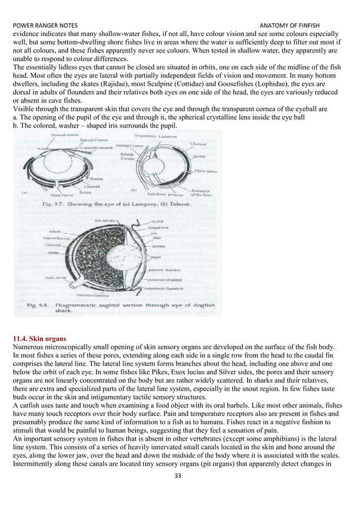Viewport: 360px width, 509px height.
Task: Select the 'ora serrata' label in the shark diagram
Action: tap(107, 217)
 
